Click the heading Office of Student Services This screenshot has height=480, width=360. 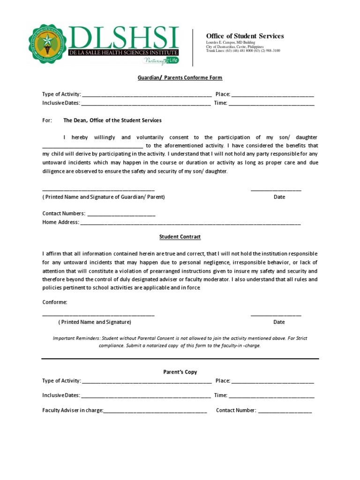pyautogui.click(x=245, y=36)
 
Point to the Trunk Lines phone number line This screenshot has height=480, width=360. pyautogui.click(x=243, y=51)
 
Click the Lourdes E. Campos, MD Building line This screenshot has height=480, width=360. pyautogui.click(x=231, y=43)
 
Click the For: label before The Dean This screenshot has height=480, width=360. pyautogui.click(x=47, y=120)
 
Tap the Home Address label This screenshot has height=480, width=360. pyautogui.click(x=60, y=222)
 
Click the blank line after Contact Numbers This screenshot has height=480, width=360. pyautogui.click(x=121, y=214)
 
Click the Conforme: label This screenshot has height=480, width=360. pyautogui.click(x=55, y=302)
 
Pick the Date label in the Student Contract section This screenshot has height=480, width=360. pyautogui.click(x=279, y=322)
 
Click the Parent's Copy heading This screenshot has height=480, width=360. pyautogui.click(x=180, y=372)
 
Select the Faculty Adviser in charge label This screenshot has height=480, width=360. pyautogui.click(x=72, y=411)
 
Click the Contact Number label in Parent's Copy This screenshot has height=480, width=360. pyautogui.click(x=236, y=411)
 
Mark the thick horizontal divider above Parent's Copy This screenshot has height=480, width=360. pyautogui.click(x=180, y=359)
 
